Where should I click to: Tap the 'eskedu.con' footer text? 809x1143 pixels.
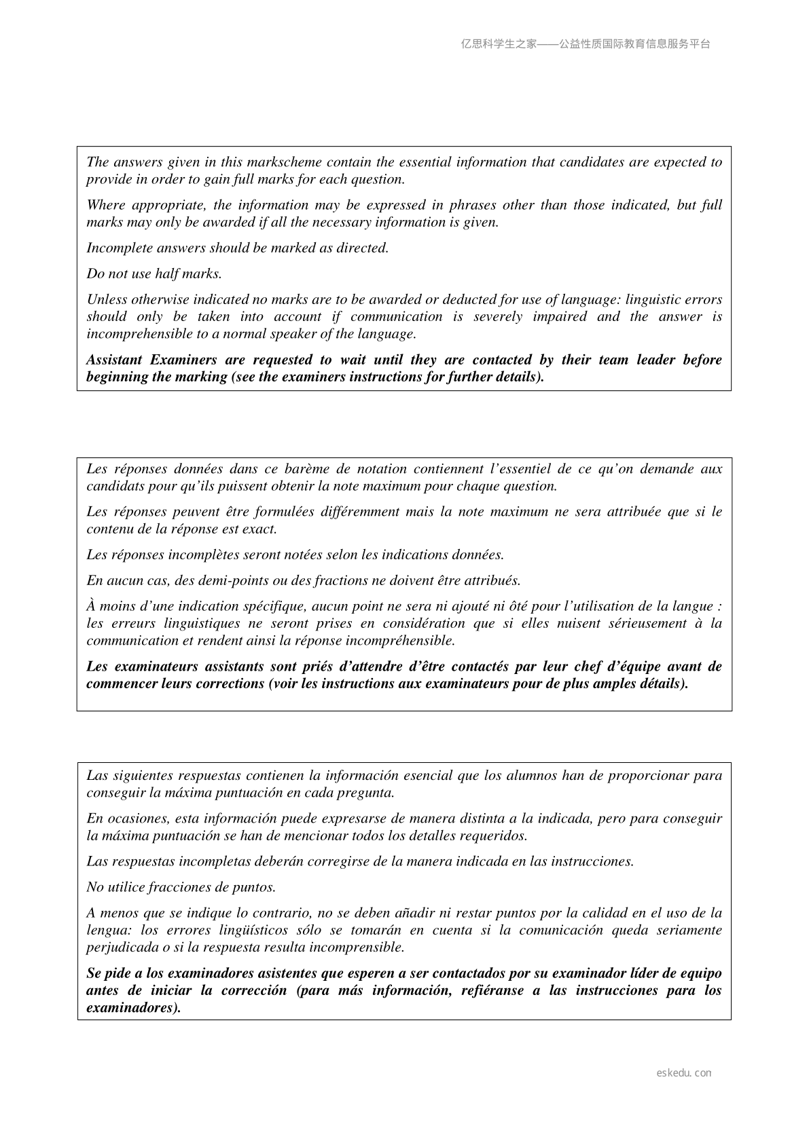tap(684, 1073)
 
